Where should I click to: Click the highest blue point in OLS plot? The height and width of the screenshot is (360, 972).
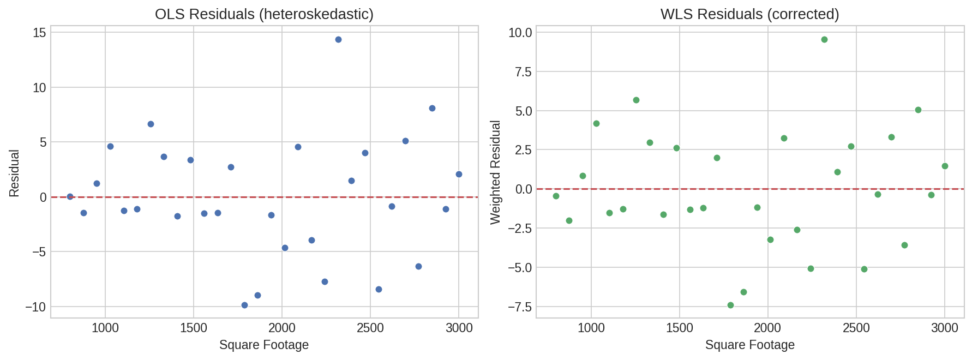338,39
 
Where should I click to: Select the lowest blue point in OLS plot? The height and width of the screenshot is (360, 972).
244,305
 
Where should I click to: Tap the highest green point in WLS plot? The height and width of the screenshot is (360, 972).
824,39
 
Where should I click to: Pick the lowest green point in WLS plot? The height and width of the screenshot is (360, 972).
730,305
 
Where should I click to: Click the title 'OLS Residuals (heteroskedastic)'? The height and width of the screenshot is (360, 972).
264,14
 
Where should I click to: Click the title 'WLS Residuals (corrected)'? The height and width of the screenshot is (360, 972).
749,14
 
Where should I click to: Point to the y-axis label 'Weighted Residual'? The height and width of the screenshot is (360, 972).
495,172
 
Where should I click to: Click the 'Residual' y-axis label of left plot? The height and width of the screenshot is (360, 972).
14,173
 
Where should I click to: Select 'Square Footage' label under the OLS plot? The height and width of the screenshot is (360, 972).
264,345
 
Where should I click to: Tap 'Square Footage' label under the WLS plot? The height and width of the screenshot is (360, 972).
749,345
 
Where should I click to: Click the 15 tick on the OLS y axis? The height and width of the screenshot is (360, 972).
39,33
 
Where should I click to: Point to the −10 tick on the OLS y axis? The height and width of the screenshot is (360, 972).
35,307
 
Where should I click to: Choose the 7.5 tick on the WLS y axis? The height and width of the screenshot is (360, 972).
520,72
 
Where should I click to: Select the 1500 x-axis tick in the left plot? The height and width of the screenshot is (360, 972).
194,328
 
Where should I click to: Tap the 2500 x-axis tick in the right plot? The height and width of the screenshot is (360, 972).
856,328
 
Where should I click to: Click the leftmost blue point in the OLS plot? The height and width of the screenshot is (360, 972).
70,196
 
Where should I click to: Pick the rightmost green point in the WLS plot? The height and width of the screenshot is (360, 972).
945,166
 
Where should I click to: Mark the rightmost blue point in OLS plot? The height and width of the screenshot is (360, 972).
459,174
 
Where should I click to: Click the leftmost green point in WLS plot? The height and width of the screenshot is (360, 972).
556,196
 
